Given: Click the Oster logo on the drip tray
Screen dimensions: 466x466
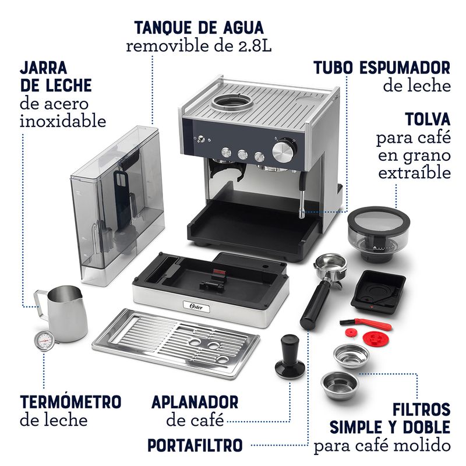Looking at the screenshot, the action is (x=196, y=307).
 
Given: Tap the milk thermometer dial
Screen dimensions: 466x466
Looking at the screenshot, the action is (x=44, y=340).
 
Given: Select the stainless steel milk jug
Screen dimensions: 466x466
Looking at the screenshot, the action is (x=62, y=313).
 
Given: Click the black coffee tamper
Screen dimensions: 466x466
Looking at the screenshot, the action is (x=290, y=355).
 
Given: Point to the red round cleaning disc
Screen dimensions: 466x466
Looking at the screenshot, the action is (x=374, y=338).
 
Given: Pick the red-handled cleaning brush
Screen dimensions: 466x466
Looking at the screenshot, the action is (x=366, y=324).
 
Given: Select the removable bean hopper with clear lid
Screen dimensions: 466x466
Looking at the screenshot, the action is (x=378, y=234).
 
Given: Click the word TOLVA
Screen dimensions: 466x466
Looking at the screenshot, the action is (x=428, y=119).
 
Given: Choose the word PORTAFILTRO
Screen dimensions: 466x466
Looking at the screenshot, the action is (x=195, y=445).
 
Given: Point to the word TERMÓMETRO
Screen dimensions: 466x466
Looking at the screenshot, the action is (x=70, y=402).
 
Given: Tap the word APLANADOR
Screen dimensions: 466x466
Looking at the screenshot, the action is (x=195, y=402).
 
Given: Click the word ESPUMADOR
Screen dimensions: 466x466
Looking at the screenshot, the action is (x=405, y=68).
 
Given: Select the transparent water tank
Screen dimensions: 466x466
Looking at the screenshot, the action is (x=118, y=205).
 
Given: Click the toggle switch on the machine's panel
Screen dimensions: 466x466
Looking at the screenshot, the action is (x=201, y=139).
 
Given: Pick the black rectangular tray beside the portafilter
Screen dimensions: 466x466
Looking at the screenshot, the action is (x=378, y=292).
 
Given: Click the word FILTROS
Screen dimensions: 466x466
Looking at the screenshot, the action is (x=421, y=409).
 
